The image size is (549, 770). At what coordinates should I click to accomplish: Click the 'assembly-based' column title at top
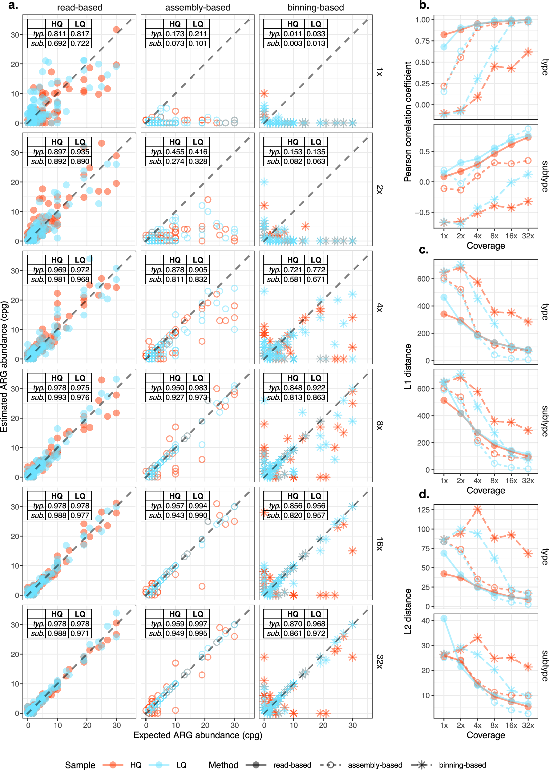point(197,7)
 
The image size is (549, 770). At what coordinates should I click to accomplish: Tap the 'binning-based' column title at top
point(315,7)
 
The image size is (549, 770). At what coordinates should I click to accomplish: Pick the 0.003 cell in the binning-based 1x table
point(293,43)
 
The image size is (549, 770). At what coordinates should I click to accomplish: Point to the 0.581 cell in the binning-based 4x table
point(293,279)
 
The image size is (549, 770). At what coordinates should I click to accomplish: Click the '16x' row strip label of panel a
point(380,543)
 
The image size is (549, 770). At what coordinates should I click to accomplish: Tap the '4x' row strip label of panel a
point(380,307)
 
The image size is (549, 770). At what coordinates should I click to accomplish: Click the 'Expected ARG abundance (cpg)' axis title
point(197,735)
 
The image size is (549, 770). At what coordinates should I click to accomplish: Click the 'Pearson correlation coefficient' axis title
point(408,122)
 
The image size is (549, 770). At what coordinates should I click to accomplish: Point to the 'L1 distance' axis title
point(408,367)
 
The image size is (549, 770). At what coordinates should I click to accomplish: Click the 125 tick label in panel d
point(423,510)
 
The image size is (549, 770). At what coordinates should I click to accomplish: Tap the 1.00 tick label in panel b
point(422,20)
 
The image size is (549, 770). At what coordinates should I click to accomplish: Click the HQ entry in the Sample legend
point(135,765)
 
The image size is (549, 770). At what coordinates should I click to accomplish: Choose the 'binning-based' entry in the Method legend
point(462,765)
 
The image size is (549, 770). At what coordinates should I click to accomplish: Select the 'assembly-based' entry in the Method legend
point(375,765)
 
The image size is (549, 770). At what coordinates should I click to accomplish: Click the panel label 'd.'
point(424,494)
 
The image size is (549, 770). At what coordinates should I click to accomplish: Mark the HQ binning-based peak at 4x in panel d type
point(477,509)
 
